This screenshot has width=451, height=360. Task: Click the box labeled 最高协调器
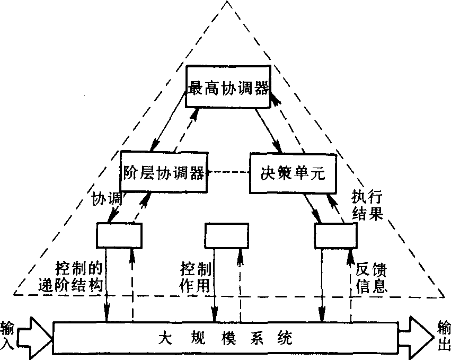coord(228,86)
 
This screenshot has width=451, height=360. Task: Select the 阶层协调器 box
coord(163,172)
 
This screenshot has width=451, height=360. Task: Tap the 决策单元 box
coord(293,172)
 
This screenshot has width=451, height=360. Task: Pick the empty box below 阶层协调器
coord(119,235)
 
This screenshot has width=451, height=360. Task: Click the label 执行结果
coord(367,205)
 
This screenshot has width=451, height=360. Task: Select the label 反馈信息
coord(372,278)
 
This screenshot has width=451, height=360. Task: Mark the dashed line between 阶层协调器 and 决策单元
coord(228,172)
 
